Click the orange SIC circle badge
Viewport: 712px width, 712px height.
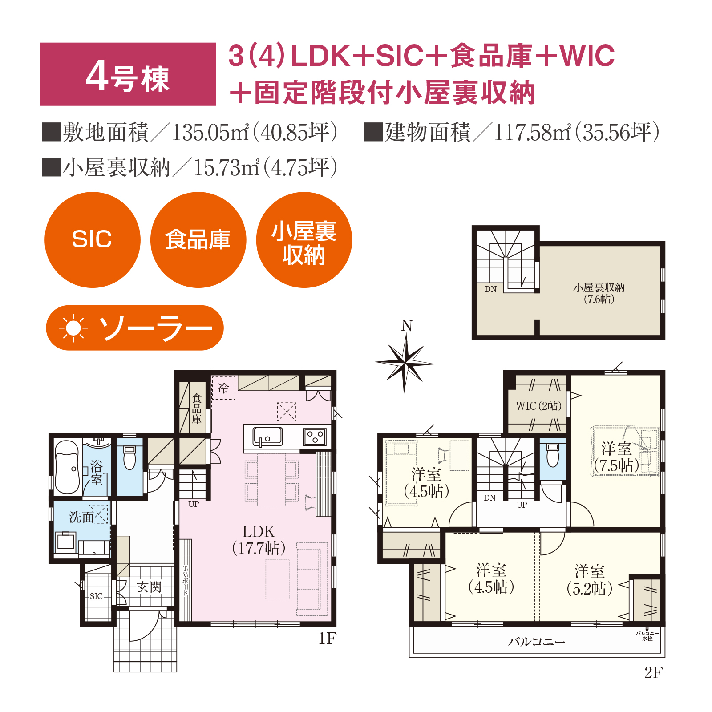(93, 240)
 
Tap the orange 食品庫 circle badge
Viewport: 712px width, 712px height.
(198, 240)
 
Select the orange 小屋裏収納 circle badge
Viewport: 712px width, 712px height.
(304, 240)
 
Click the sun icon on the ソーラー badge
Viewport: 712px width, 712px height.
(73, 328)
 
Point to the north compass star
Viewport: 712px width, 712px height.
(405, 363)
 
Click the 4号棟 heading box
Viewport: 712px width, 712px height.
(128, 74)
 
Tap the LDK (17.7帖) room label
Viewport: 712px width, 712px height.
(259, 540)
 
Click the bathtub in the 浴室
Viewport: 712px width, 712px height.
(67, 467)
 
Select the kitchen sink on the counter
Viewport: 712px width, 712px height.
(267, 437)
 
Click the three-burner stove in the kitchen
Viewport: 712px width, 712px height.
(315, 437)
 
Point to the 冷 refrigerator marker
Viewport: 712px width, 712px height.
(223, 388)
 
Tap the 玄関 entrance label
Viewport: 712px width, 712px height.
(149, 587)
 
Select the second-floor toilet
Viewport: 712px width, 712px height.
(553, 455)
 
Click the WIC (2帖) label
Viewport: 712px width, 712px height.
(538, 406)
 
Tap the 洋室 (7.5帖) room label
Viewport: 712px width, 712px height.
(617, 457)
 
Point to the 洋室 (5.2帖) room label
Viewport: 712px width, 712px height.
(590, 580)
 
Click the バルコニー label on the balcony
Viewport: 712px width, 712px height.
(537, 642)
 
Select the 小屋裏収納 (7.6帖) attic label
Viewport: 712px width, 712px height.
(599, 293)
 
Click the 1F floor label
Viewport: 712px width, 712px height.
(327, 639)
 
